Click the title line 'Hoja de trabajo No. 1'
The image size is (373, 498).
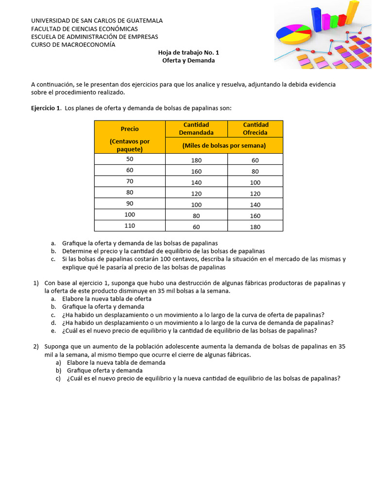coord(188,53)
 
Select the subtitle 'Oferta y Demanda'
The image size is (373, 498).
coord(188,61)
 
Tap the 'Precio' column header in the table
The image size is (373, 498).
coord(130,129)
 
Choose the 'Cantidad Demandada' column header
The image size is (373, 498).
coord(196,129)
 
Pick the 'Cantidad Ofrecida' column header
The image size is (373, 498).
coord(255,129)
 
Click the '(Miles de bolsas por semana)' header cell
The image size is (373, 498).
coord(224,145)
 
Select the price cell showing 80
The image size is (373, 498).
coord(130,193)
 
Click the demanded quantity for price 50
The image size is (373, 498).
coord(196,160)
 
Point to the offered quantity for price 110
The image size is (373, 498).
coord(255,227)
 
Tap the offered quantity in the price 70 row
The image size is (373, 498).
coord(255,182)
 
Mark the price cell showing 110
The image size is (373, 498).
coord(130,226)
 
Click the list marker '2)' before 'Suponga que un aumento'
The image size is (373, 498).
coord(36,347)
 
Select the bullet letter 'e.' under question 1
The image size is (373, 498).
coord(53,331)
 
